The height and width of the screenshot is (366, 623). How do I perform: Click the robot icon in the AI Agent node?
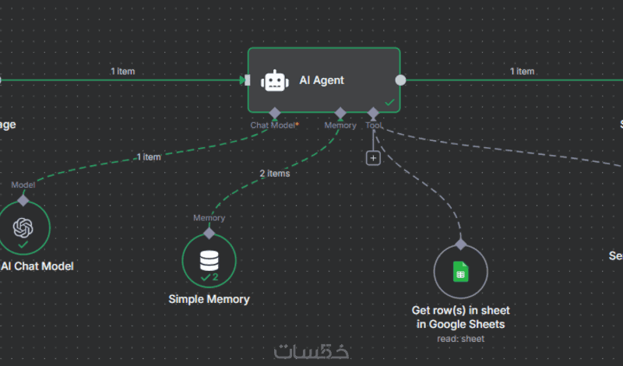point(273,80)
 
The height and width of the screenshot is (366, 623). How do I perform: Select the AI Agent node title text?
point(322,80)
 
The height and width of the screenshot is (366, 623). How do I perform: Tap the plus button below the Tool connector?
point(373,158)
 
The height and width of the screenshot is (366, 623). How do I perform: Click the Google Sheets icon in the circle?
point(460,272)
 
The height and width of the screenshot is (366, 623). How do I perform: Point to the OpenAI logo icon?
point(23,227)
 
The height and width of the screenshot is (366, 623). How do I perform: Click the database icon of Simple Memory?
point(209,259)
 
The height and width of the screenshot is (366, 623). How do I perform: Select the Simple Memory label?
point(209,299)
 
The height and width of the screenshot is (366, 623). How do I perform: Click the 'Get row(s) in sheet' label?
point(459,310)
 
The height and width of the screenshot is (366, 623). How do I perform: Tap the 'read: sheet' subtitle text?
point(460,338)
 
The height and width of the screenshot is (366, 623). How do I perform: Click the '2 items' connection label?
point(274,173)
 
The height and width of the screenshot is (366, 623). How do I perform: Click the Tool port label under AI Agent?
point(373,125)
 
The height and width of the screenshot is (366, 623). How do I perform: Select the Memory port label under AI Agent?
point(340,125)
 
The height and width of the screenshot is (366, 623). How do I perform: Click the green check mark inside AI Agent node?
point(389,102)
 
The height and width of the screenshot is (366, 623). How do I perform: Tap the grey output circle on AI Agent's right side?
point(400,79)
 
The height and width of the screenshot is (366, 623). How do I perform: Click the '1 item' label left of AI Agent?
point(122,71)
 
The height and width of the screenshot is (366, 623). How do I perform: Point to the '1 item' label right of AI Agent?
point(522,71)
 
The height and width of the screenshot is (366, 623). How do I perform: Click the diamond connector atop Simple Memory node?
point(209,233)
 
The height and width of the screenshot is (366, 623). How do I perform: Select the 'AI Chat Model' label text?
point(37,266)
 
